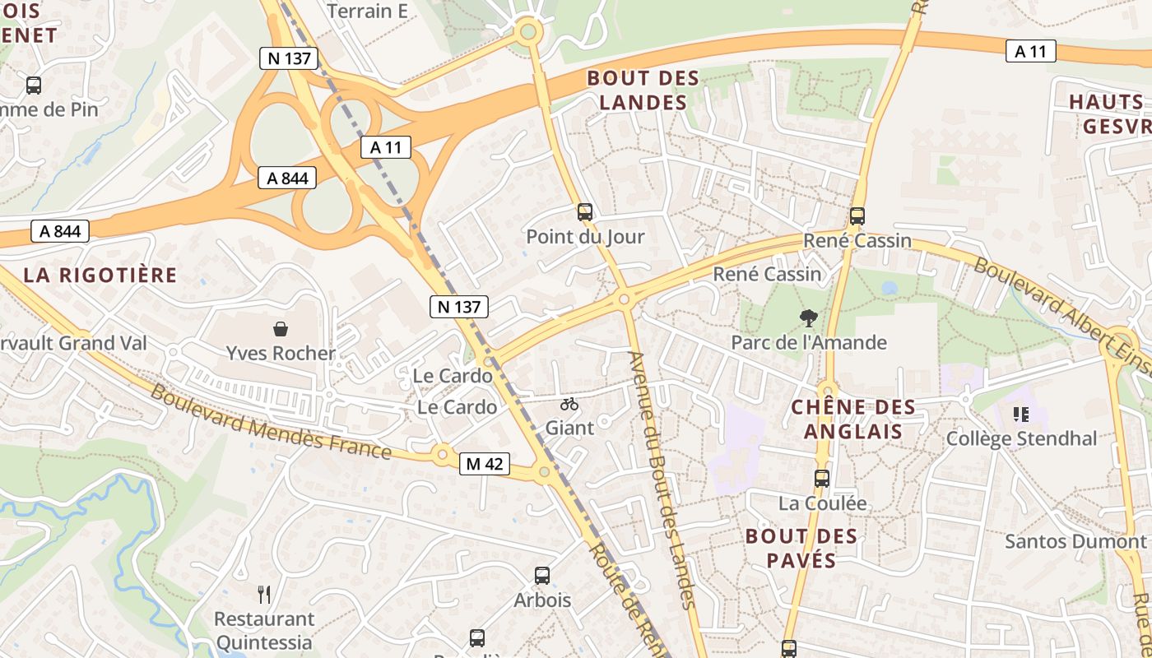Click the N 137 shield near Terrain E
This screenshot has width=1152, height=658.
coord(288,58)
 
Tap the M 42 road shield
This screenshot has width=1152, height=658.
coord(484,464)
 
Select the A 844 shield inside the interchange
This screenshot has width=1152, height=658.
coord(286,178)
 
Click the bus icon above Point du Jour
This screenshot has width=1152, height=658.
coord(585,212)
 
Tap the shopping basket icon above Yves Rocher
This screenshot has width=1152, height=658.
coord(281,329)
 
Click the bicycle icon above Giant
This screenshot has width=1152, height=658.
coord(569,404)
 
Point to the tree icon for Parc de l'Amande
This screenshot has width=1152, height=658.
coord(809,317)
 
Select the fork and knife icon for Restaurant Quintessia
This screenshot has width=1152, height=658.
coord(264,594)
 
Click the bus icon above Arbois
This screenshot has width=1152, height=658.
coord(541,576)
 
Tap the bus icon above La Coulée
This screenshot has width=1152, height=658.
coord(821,478)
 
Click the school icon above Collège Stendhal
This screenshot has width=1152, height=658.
coord(1021,414)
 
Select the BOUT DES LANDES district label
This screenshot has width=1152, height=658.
coord(643,90)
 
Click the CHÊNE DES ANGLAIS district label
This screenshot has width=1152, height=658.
coord(852,419)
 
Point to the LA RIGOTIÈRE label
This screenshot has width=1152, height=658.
coord(100,275)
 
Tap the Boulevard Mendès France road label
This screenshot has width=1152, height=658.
coord(271,422)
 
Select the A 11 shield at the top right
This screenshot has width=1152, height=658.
coord(1030,52)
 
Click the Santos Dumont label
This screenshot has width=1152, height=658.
coord(1075,541)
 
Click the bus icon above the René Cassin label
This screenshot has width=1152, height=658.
coord(857,216)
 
